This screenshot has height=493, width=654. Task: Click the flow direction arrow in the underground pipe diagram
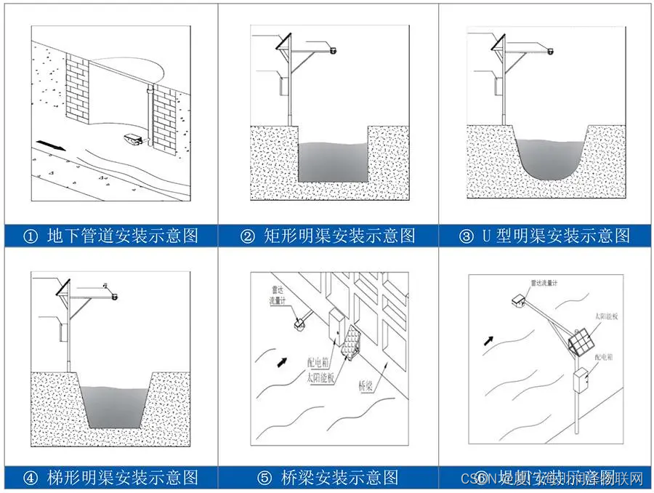(x=49, y=145)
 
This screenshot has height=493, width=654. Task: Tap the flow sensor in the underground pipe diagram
(x=132, y=139)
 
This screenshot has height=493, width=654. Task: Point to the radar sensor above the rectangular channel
(x=334, y=50)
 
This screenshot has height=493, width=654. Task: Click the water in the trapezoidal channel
(x=111, y=404)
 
